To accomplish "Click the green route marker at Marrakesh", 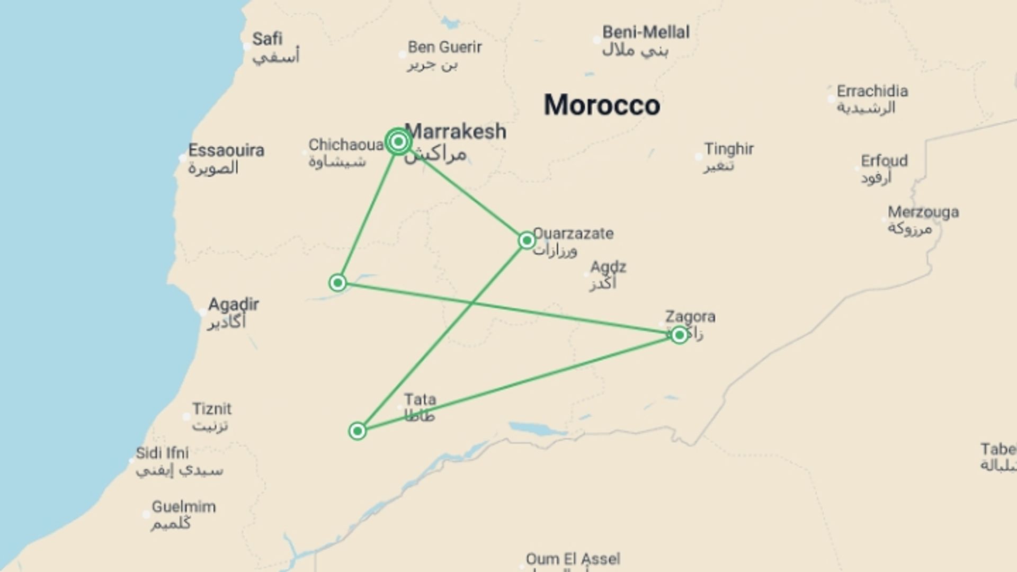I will (x=398, y=141).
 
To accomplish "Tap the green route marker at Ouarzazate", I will (x=527, y=240).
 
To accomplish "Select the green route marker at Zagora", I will (x=679, y=335).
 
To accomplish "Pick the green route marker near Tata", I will (x=358, y=431).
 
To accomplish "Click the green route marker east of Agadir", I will (x=338, y=283).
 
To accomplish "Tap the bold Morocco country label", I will (x=602, y=105).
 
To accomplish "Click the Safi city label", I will (x=267, y=39).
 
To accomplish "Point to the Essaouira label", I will (x=226, y=150).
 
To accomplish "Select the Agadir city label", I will (x=233, y=305).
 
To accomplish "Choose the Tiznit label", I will (x=212, y=409).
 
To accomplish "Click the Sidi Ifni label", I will (x=162, y=453).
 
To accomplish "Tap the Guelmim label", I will (x=184, y=507).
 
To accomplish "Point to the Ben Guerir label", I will (x=444, y=47).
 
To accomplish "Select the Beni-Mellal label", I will (x=646, y=32).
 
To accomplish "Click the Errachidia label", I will (x=872, y=91).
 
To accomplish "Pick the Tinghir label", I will (x=728, y=149).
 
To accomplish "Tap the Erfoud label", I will (x=884, y=161).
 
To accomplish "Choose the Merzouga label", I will (x=923, y=212).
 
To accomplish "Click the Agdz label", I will (x=608, y=267).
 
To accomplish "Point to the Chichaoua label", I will (x=346, y=145).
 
